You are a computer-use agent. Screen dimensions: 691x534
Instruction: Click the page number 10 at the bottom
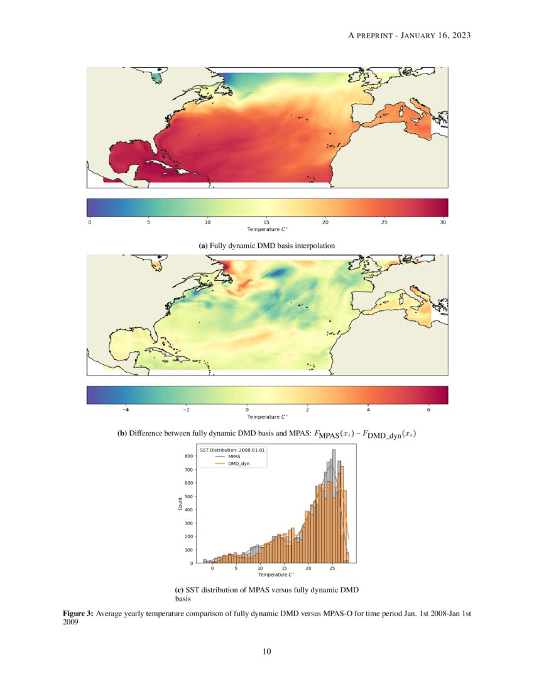click(267, 651)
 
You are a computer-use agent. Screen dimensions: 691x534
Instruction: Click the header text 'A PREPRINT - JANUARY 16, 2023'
click(409, 36)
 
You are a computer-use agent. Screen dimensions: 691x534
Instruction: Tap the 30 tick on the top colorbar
click(444, 222)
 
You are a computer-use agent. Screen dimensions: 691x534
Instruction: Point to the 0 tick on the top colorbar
click(90, 222)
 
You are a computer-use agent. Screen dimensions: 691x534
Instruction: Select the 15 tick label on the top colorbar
click(266, 222)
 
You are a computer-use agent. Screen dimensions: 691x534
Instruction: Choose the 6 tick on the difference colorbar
click(428, 409)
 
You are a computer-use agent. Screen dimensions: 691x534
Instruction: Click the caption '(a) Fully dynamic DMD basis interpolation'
click(267, 246)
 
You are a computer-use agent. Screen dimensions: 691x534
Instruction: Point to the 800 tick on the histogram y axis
click(188, 456)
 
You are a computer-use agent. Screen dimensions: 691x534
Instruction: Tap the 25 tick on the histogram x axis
click(332, 568)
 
